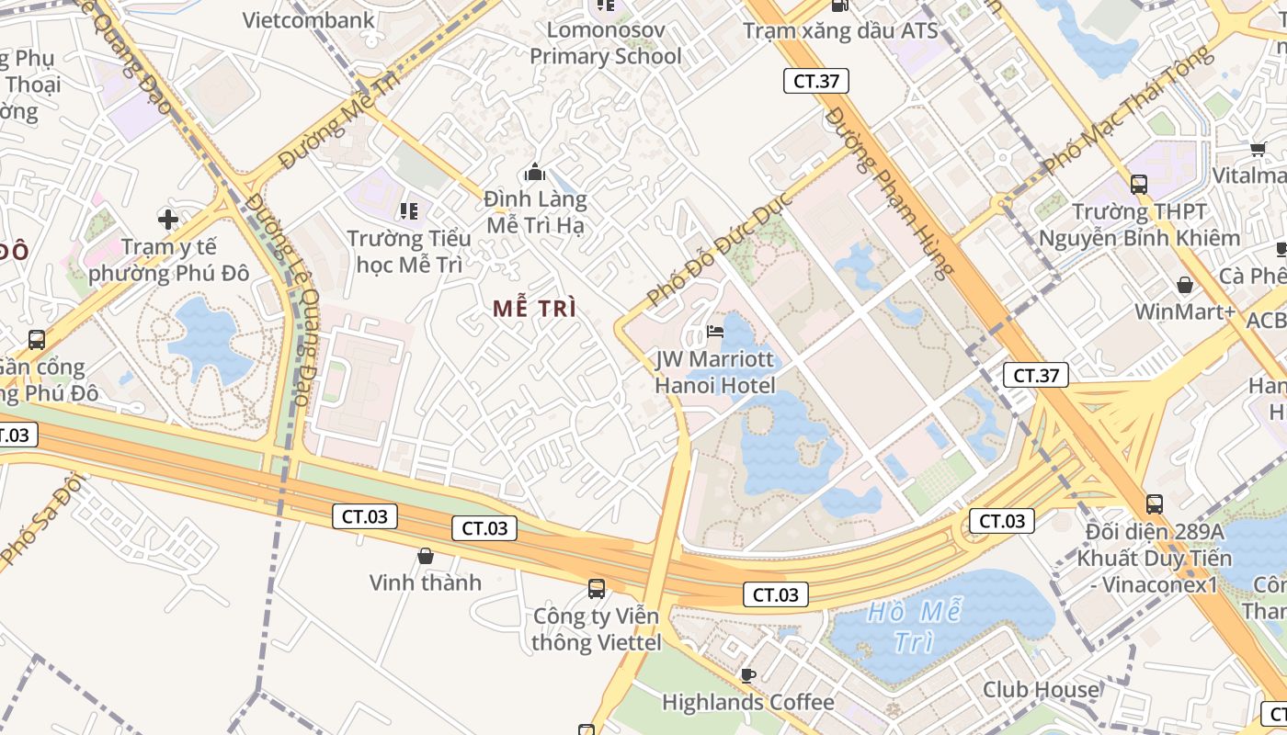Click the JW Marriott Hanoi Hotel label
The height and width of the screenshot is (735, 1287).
click(714, 372)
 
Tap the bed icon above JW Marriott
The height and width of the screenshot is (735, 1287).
click(714, 332)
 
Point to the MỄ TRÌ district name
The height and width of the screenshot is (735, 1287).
click(534, 309)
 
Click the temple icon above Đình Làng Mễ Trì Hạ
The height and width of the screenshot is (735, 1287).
click(534, 172)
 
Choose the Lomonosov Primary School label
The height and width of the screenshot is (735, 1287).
click(606, 43)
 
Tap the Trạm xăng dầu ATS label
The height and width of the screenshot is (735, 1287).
click(840, 31)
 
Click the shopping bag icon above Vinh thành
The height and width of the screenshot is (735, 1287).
click(426, 556)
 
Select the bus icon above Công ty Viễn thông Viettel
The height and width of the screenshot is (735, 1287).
click(597, 589)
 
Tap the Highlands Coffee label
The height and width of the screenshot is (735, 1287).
click(747, 703)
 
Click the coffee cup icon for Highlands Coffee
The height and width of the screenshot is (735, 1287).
click(748, 675)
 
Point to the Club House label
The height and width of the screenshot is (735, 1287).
click(1041, 690)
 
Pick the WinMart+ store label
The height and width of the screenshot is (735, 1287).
click(1184, 311)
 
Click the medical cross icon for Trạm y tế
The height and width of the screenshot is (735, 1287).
click(167, 219)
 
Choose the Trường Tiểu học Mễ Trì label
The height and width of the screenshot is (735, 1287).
click(409, 252)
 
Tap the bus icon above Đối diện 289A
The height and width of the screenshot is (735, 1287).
click(1155, 503)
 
